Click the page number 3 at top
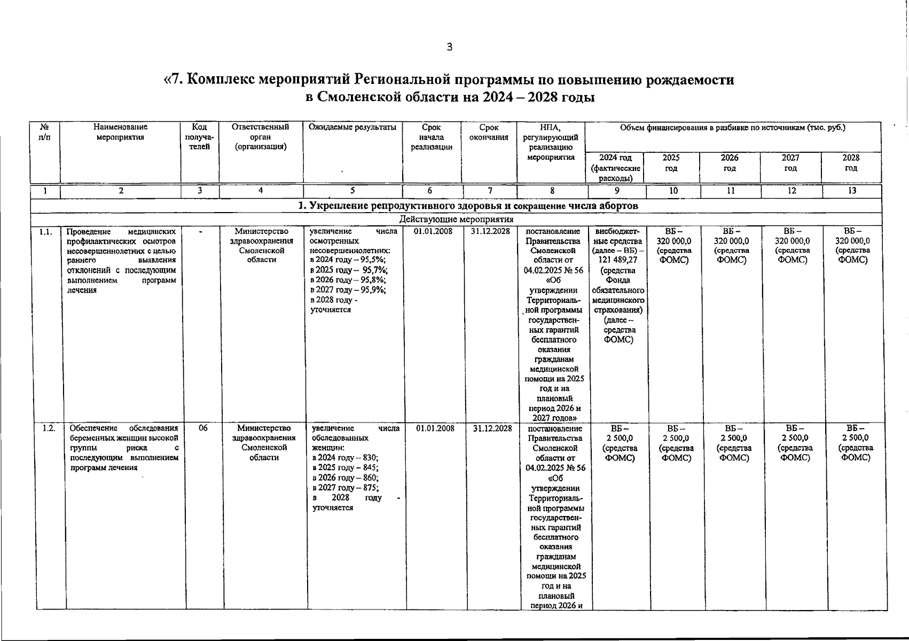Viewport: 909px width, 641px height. pos(449,47)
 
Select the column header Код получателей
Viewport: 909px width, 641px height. pos(199,137)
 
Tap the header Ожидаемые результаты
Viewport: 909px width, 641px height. pos(352,127)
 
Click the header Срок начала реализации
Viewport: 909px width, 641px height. pos(432,137)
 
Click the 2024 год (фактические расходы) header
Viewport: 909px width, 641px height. pos(615,168)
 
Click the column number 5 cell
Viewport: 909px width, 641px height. pos(352,191)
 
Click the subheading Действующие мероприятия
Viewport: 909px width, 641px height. pos(456,219)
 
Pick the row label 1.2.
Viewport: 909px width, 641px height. pos(48,428)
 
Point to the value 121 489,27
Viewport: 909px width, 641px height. pos(617,260)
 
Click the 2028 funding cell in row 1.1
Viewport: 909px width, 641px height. pos(852,246)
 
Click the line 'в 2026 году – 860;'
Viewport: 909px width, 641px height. pos(345,478)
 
